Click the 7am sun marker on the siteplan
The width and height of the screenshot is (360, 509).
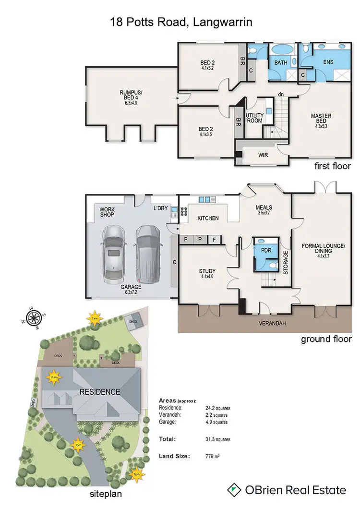(94, 317)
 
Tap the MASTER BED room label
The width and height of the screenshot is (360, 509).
(321, 119)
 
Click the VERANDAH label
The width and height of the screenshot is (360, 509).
(273, 324)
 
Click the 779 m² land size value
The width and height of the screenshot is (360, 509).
(212, 456)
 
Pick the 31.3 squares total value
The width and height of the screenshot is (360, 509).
(217, 439)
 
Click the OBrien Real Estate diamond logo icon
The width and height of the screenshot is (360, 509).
(234, 490)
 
